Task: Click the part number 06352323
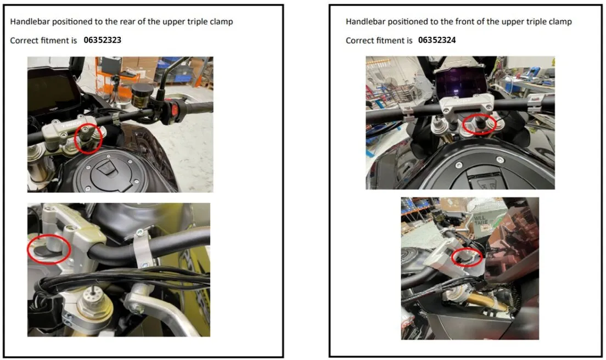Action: pyautogui.click(x=103, y=40)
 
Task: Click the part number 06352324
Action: pyautogui.click(x=437, y=40)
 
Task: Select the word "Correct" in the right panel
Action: pyautogui.click(x=360, y=40)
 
